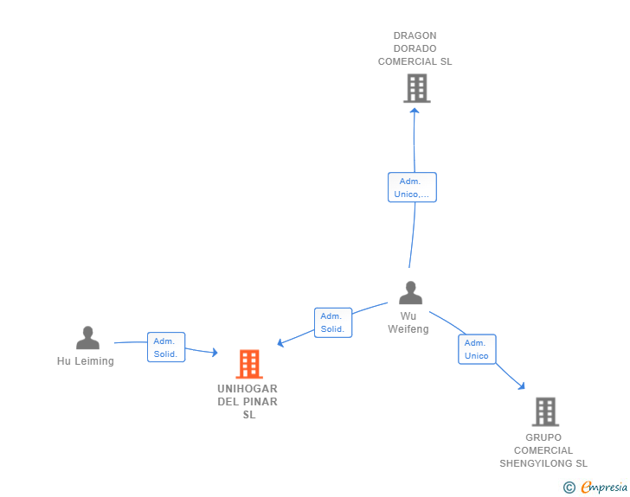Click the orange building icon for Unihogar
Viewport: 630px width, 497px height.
[x=249, y=364]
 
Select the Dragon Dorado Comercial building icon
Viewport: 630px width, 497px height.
[x=417, y=88]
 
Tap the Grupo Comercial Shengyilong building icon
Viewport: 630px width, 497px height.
[x=545, y=412]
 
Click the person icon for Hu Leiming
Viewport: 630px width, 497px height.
[x=87, y=338]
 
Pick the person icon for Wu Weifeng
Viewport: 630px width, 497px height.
[x=410, y=293]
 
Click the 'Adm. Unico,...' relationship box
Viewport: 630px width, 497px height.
[x=412, y=188]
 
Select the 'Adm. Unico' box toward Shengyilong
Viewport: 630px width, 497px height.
[x=477, y=349]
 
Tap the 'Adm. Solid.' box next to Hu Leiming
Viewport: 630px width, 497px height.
[x=166, y=347]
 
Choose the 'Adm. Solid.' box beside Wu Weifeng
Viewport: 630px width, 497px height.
[x=333, y=322]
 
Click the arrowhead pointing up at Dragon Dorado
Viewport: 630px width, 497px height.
[x=415, y=111]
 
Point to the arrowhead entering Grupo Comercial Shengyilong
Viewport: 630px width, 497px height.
[x=522, y=386]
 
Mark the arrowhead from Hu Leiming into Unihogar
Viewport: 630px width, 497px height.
[x=215, y=353]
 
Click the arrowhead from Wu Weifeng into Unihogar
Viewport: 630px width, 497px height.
[x=280, y=342]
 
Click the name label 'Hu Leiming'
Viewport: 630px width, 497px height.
[x=86, y=361]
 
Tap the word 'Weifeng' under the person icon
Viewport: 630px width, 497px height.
[x=408, y=329]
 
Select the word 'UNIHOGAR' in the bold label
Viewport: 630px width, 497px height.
[x=247, y=389]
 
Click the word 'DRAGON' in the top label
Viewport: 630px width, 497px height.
[x=415, y=35]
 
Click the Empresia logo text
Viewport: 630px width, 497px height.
[x=604, y=487]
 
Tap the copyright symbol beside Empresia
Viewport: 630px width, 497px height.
[x=569, y=487]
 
